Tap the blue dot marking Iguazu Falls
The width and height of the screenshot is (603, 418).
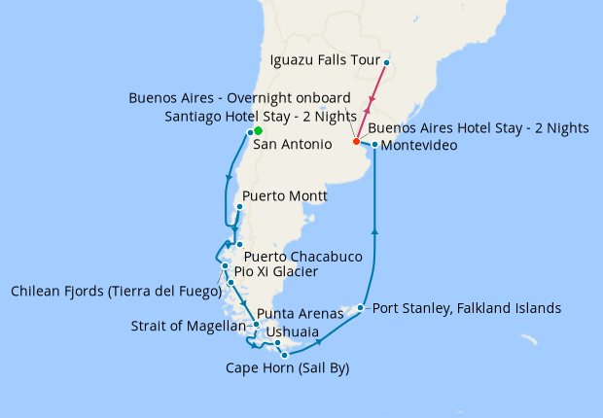(386, 63)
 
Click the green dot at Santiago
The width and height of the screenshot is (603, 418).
(258, 130)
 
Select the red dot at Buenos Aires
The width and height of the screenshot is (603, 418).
(356, 142)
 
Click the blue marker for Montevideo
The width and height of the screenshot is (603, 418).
(375, 145)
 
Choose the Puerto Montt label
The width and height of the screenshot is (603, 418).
(284, 196)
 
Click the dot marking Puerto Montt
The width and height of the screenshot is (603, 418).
(239, 207)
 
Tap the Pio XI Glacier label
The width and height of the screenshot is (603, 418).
(275, 272)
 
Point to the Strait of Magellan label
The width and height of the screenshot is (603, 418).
(189, 326)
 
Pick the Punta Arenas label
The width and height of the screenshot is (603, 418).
(301, 314)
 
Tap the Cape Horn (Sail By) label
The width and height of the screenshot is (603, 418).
(287, 368)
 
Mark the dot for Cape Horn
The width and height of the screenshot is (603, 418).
(284, 356)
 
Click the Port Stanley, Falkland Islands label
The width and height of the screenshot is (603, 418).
(467, 308)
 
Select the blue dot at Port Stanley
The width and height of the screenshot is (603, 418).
(361, 308)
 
